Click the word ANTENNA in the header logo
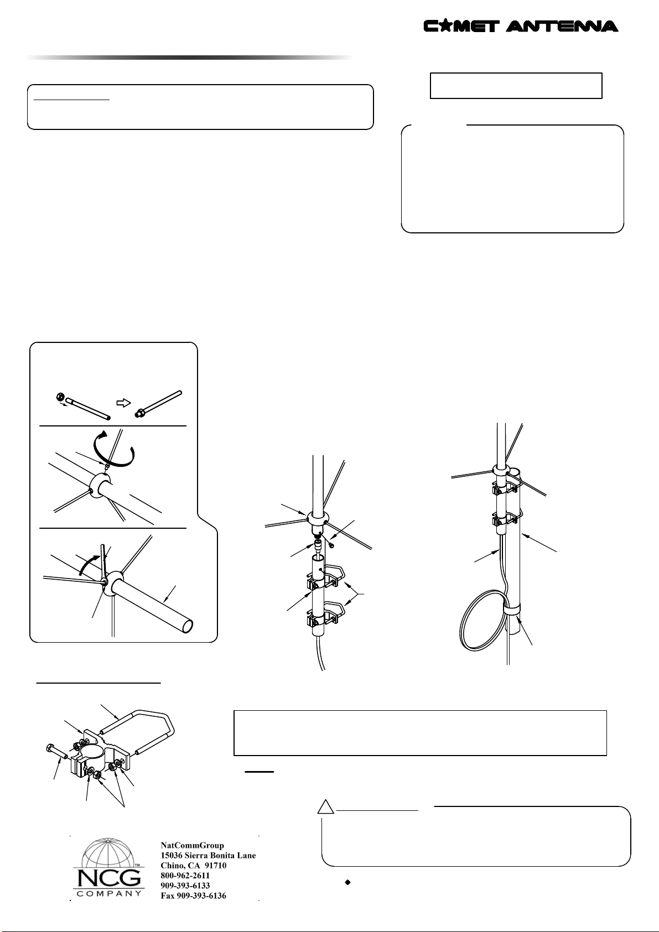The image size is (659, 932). (x=562, y=26)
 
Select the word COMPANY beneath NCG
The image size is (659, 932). (x=109, y=893)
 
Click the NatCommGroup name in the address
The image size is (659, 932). (x=193, y=846)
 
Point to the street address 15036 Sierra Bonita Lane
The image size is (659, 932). (x=208, y=856)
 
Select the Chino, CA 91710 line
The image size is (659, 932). (x=194, y=866)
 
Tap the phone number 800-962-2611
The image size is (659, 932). (x=185, y=876)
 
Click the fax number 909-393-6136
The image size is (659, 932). (x=194, y=896)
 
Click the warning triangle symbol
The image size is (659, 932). (x=325, y=806)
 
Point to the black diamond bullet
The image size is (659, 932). (x=347, y=882)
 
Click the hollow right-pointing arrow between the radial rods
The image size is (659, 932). (x=123, y=403)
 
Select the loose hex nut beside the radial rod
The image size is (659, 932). (x=60, y=396)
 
